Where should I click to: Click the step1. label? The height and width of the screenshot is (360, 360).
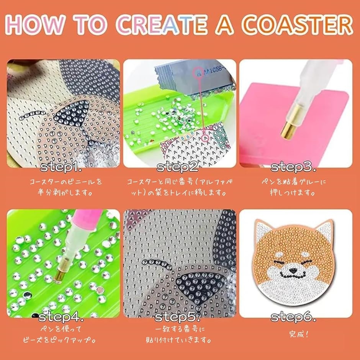pyautogui.click(x=61, y=167)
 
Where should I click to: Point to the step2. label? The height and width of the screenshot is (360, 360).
pyautogui.click(x=177, y=167)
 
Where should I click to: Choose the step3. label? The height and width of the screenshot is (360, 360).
pyautogui.click(x=294, y=167)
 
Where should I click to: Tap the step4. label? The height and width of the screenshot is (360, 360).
pyautogui.click(x=61, y=317)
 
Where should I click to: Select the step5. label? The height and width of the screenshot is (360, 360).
pyautogui.click(x=177, y=317)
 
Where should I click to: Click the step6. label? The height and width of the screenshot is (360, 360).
pyautogui.click(x=294, y=317)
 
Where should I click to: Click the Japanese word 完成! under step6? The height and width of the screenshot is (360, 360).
pyautogui.click(x=298, y=334)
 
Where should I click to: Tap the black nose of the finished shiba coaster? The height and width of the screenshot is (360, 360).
pyautogui.click(x=293, y=270)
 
